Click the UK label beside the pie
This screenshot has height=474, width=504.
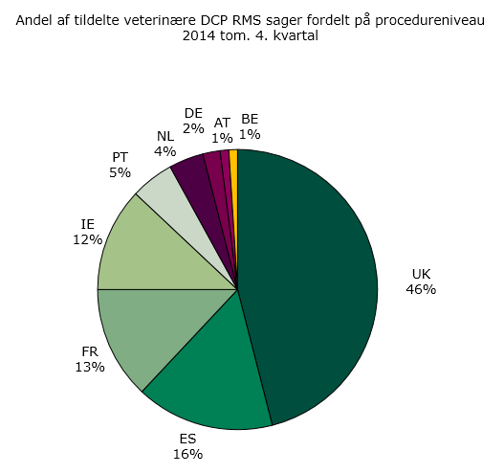(421, 272)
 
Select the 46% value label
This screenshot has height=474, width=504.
(421, 288)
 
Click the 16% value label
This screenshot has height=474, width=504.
(188, 454)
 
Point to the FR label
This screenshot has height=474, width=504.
(89, 350)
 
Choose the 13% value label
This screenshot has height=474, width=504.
(89, 367)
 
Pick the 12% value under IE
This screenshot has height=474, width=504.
(88, 240)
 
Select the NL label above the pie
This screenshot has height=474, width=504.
(165, 135)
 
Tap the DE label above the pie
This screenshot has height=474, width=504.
(193, 113)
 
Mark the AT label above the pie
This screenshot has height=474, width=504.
(222, 123)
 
